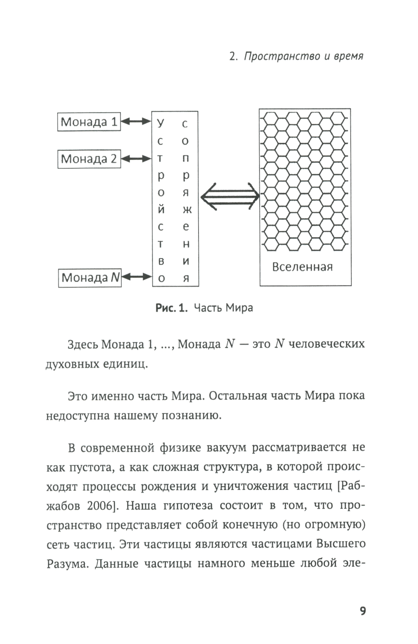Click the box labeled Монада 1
(89, 122)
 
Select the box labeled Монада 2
(89, 159)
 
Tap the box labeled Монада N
(89, 278)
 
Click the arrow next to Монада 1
(136, 122)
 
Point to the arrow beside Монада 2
(136, 159)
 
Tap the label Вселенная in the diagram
(302, 267)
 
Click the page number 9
(362, 611)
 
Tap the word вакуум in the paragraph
(226, 448)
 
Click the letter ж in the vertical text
(186, 210)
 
